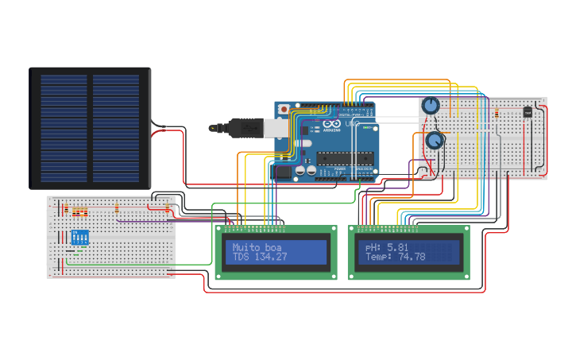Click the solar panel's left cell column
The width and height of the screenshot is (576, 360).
click(x=64, y=127)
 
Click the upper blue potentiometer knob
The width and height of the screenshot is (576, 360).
click(x=430, y=105)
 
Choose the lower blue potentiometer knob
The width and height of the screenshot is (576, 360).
click(x=435, y=141)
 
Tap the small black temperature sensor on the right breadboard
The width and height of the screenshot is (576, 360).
click(x=528, y=112)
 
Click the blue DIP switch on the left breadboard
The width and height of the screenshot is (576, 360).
click(x=80, y=237)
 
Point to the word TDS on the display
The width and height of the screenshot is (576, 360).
click(x=240, y=257)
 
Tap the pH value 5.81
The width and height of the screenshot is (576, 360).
click(x=398, y=247)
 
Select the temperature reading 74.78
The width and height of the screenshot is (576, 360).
click(x=411, y=257)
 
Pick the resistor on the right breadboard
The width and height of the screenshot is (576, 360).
click(x=497, y=112)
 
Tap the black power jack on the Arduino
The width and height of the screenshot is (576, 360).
click(x=283, y=171)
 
